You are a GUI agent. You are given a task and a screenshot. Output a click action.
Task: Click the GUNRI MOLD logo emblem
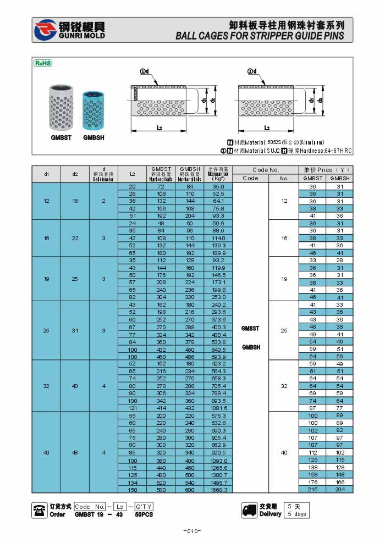pos(45,30)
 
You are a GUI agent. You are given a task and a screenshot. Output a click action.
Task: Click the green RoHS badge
pos(43,63)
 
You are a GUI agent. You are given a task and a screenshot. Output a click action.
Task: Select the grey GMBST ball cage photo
pos(61,108)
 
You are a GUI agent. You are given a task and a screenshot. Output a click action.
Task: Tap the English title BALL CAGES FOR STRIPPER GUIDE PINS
pos(260,36)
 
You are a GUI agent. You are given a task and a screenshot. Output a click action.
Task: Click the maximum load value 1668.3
pos(218,489)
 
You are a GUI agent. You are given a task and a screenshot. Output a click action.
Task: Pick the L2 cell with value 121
pos(132,408)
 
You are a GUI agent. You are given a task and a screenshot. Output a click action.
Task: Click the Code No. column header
pos(266,170)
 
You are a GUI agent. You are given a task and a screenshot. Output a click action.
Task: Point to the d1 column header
pos(47,174)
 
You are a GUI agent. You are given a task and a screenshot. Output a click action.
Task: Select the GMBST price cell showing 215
pos(312,489)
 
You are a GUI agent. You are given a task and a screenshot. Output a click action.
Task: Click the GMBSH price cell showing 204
pos(340,489)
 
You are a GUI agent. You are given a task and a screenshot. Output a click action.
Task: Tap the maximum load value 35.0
pos(218,186)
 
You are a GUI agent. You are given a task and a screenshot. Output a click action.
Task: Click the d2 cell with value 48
pos(75,452)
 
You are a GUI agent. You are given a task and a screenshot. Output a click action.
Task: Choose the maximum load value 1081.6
pos(218,408)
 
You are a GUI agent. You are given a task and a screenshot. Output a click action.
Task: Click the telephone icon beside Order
pos(40,510)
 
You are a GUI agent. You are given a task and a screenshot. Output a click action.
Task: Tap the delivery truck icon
pos(250,510)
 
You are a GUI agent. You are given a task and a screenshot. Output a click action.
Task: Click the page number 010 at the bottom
pos(192,531)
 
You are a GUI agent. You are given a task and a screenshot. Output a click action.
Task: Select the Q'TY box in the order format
pos(144,506)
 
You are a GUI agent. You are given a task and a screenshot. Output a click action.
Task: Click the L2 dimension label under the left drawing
pos(159,128)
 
